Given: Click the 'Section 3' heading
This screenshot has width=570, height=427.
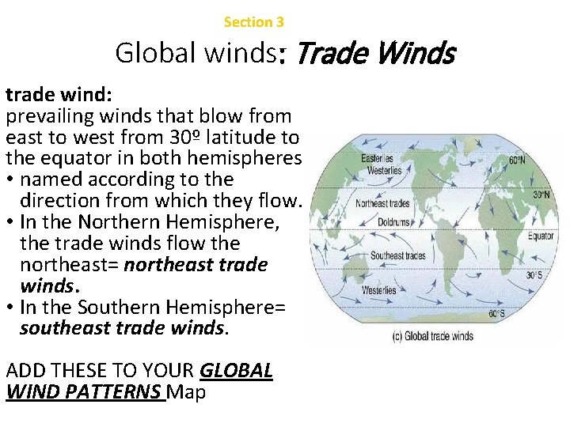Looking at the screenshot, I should point(253,22).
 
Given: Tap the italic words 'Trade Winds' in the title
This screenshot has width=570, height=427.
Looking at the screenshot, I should point(375,54).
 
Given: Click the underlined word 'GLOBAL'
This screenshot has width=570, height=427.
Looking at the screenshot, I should point(237,371).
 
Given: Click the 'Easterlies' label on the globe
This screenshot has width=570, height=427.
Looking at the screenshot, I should point(377,159).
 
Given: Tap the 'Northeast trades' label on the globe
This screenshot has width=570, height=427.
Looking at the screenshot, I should point(382,203).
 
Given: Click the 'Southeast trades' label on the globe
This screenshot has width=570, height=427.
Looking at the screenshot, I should point(398,255).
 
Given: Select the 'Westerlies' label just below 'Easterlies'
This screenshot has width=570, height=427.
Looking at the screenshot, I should point(384,170).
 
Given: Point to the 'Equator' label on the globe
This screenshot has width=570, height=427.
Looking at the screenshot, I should point(541,236).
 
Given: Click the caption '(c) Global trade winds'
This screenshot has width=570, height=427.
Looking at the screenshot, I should point(433,336).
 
